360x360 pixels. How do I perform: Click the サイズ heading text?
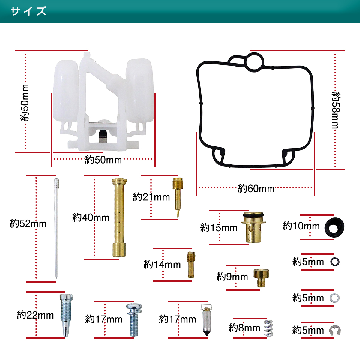28,11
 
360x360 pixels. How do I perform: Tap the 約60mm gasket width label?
256,189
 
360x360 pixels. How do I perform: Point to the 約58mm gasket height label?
336,110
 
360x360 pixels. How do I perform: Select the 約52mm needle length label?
28,223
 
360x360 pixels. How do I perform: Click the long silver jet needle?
56,228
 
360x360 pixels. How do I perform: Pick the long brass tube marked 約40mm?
119,217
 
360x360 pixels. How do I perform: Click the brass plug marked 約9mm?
261,277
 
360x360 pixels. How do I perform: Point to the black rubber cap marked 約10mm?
334,227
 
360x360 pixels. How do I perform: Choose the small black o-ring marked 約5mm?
335,262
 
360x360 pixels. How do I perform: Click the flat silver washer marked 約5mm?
334,298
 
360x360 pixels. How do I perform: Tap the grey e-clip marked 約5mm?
335,330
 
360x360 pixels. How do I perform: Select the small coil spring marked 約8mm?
268,328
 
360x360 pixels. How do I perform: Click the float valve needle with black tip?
206,321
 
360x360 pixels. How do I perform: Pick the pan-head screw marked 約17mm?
134,319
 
